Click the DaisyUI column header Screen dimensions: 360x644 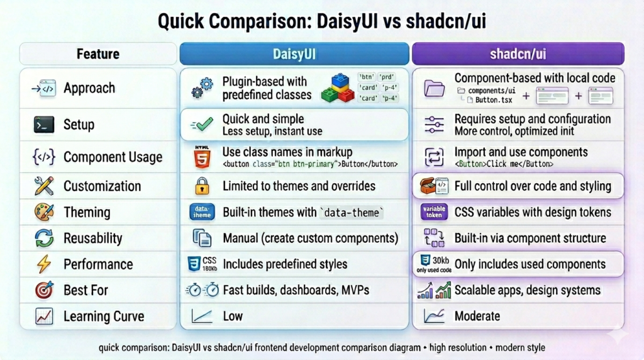click(x=294, y=53)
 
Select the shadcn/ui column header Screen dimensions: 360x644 click(x=518, y=53)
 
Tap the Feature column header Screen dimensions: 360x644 click(x=98, y=53)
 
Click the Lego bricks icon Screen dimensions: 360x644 click(x=338, y=88)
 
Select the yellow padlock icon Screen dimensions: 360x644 click(x=201, y=186)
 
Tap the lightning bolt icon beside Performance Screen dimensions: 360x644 click(x=43, y=264)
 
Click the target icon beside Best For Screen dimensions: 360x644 click(x=43, y=290)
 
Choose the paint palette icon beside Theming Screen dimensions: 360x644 click(x=43, y=213)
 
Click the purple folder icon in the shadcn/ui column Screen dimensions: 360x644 click(x=434, y=88)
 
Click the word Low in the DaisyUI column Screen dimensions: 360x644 click(x=233, y=316)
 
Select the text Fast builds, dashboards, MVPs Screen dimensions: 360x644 click(x=296, y=290)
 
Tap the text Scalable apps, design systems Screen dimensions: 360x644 click(x=527, y=290)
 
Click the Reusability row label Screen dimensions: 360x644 click(x=92, y=239)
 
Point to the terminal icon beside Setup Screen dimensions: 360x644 click(x=43, y=125)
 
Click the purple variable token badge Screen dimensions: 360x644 click(x=434, y=212)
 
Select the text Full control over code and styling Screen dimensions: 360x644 click(x=532, y=186)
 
